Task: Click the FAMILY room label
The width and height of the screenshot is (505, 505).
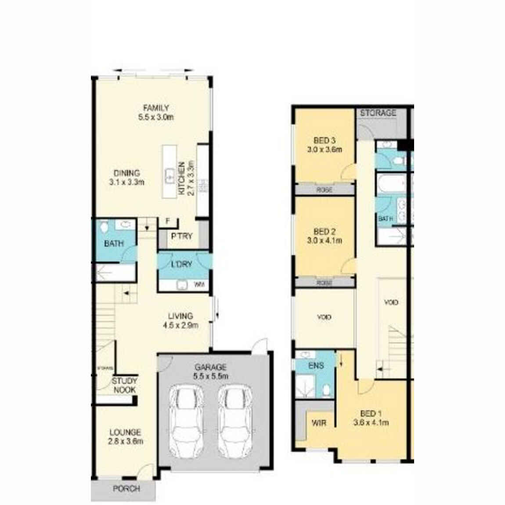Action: coord(156,108)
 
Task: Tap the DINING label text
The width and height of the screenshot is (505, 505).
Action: coord(127,173)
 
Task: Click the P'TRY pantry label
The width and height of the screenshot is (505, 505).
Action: coord(182,236)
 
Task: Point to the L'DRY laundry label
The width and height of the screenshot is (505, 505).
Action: coord(181,264)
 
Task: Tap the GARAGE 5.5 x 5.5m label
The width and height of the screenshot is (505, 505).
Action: coord(211,372)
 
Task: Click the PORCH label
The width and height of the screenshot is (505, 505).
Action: coord(126,488)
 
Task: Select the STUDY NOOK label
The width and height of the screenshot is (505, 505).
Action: coord(125,386)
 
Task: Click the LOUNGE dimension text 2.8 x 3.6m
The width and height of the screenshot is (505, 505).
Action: coord(126,441)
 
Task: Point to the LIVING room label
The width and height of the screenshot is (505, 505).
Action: coord(180,316)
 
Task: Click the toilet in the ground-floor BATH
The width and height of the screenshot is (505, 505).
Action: coord(104,227)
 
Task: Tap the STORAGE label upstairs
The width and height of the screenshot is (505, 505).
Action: coord(378,113)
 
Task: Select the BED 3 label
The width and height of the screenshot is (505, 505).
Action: coord(325,141)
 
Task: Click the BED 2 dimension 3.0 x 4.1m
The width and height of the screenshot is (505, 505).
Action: coord(325,241)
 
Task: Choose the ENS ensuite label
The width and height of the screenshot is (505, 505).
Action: coord(316,365)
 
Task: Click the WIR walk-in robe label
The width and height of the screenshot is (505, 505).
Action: coord(318,423)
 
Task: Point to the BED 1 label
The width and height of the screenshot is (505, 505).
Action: coord(371,414)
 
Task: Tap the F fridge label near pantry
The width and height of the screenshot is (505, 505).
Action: coord(167,221)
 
